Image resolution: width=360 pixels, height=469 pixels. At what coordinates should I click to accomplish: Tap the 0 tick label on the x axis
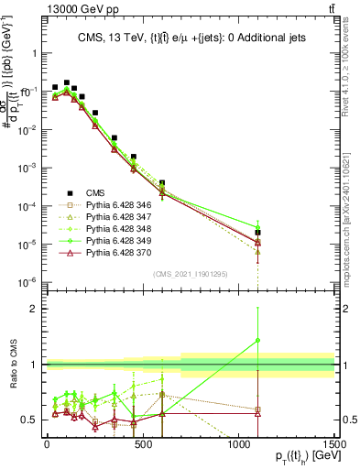(47, 443)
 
